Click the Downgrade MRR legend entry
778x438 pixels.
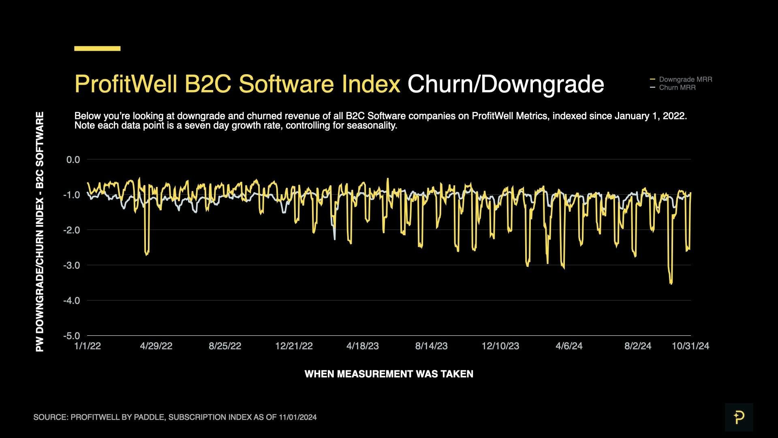click(x=685, y=79)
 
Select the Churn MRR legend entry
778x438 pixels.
click(x=677, y=88)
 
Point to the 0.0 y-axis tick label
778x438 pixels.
click(x=73, y=160)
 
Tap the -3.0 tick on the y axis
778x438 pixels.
click(x=72, y=265)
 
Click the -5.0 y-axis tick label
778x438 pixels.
click(x=72, y=336)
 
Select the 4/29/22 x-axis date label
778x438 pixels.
click(x=156, y=346)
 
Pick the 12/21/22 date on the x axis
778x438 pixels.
click(x=294, y=346)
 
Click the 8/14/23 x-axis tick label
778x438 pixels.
click(x=431, y=346)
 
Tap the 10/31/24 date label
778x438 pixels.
click(x=690, y=346)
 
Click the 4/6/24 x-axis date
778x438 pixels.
click(x=569, y=346)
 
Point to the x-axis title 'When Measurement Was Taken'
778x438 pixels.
click(x=389, y=374)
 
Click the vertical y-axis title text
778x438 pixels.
click(x=40, y=232)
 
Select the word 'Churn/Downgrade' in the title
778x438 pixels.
click(x=505, y=84)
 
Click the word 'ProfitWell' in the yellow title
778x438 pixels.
click(x=126, y=84)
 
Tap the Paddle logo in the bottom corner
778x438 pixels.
click(x=739, y=417)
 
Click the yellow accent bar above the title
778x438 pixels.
click(x=97, y=49)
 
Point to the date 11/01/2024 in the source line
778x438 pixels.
click(x=298, y=417)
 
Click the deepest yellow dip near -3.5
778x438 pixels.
click(x=671, y=282)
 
